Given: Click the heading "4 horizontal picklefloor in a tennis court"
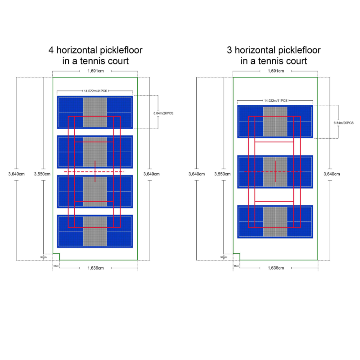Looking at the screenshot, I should (95, 55).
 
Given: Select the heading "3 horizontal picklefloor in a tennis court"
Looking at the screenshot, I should (274, 55).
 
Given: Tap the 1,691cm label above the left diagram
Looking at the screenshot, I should (95, 71).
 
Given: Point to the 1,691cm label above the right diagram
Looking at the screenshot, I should (275, 71).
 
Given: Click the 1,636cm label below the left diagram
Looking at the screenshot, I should (95, 268).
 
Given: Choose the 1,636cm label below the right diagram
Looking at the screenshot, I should (275, 268).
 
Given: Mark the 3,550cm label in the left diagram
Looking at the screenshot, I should (43, 174).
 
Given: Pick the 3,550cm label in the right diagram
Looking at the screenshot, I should (222, 174).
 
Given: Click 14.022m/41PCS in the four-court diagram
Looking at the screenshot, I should (95, 91).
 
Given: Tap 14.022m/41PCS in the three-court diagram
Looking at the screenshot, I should (275, 100).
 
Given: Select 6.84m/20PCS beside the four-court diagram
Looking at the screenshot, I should (163, 113).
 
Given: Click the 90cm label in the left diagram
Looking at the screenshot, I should (43, 257).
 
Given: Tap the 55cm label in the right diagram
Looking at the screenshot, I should (236, 266).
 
